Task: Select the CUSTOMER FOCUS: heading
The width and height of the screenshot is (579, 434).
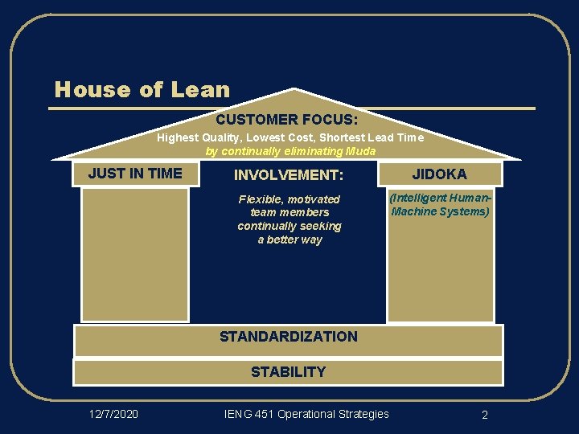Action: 287,120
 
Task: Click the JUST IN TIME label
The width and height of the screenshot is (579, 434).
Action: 135,173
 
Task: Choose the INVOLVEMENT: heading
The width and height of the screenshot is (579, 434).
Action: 289,174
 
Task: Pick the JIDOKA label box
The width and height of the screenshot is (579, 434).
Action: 439,174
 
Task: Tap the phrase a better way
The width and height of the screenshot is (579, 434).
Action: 289,240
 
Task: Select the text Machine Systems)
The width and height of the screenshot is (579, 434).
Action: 440,212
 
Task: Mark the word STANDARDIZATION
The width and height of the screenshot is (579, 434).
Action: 289,337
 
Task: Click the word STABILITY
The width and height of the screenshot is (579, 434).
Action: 288,372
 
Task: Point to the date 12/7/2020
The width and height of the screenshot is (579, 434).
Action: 113,414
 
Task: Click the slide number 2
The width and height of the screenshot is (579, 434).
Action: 485,415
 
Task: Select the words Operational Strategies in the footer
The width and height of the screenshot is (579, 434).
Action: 333,414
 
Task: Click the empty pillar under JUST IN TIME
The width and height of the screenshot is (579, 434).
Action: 135,254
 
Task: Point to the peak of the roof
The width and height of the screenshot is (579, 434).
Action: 295,90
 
